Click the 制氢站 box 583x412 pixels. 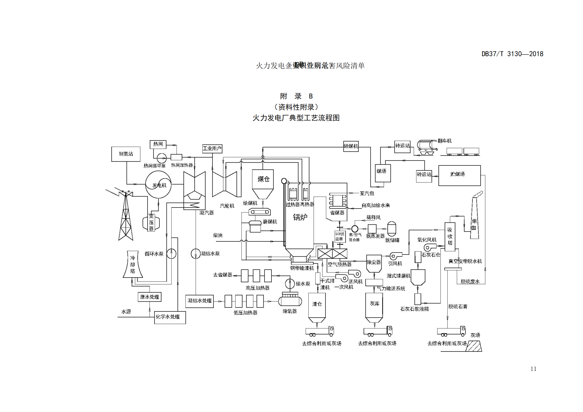click(126, 154)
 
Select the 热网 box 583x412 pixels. click(158, 144)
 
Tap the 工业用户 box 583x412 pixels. click(212, 148)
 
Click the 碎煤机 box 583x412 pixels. click(351, 146)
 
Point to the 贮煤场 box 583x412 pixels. click(459, 175)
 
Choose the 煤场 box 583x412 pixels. click(383, 173)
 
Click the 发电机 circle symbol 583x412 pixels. click(159, 184)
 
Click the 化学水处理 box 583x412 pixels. click(170, 317)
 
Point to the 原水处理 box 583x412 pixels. click(149, 297)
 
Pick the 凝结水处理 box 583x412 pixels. click(199, 301)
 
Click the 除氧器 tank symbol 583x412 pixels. click(290, 300)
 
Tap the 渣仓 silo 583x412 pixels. click(317, 307)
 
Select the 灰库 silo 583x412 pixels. click(374, 307)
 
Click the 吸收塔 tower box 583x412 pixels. click(450, 237)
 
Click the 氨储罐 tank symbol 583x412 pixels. click(392, 229)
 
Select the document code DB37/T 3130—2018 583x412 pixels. click(512, 54)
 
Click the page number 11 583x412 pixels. click(533, 369)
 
